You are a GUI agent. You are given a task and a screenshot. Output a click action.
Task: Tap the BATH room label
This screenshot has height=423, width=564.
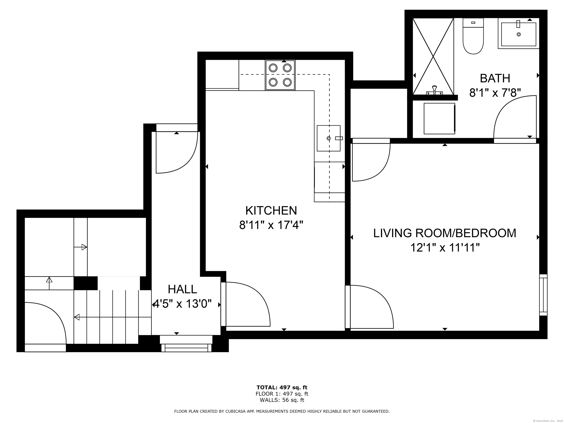point(495,78)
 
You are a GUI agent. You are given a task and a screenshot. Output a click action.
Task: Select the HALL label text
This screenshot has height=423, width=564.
point(182,289)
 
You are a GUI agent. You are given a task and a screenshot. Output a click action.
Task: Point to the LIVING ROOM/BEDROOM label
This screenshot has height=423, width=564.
point(445,233)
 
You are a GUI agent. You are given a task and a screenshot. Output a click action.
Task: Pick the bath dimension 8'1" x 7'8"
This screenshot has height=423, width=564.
point(495,93)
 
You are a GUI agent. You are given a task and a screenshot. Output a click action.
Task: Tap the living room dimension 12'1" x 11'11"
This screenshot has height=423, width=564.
point(445,247)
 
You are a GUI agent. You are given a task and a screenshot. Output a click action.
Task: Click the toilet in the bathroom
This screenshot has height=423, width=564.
point(473,36)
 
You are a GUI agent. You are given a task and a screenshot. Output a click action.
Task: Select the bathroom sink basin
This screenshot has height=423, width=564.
point(519,34)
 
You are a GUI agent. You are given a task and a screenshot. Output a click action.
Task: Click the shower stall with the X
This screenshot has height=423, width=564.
point(433,56)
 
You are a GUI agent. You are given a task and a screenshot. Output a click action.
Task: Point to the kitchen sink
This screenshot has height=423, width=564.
point(329,138)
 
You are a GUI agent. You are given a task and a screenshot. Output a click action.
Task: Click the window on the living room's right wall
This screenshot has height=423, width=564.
point(543,295)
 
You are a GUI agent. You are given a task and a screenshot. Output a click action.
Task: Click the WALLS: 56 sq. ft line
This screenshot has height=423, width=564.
point(282,400)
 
